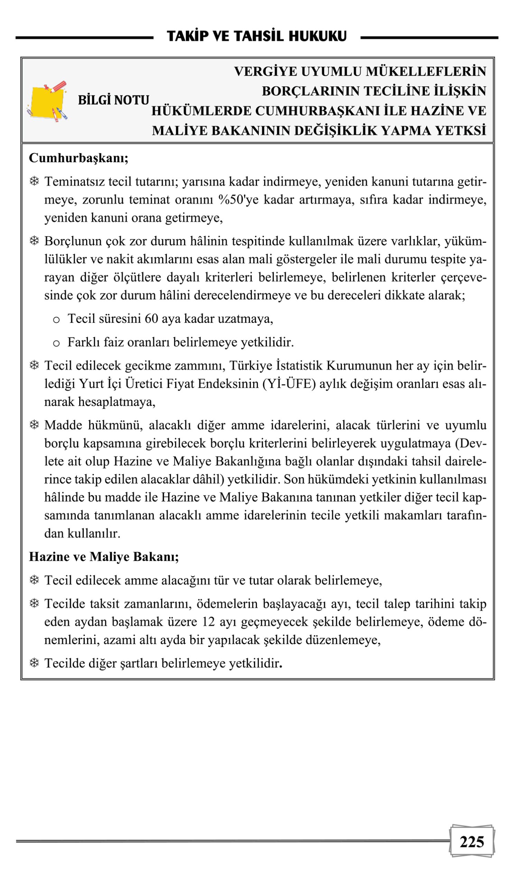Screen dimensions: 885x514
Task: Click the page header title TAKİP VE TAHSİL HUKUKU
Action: pyautogui.click(x=256, y=36)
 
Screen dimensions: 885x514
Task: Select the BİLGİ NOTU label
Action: pyautogui.click(x=113, y=101)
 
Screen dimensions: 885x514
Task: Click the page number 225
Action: pyautogui.click(x=471, y=842)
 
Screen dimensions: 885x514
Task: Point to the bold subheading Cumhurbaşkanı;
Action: pyautogui.click(x=79, y=158)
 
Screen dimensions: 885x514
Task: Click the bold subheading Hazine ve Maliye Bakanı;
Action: pyautogui.click(x=104, y=557)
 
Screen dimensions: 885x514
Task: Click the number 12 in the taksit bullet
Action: pyautogui.click(x=208, y=622)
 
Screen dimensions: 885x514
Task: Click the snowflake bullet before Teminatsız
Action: pyautogui.click(x=34, y=181)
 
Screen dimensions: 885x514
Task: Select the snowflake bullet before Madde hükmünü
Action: pyautogui.click(x=34, y=425)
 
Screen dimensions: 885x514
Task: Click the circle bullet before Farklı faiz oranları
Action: pyautogui.click(x=56, y=343)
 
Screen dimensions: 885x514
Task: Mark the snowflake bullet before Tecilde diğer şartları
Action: pyautogui.click(x=34, y=663)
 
